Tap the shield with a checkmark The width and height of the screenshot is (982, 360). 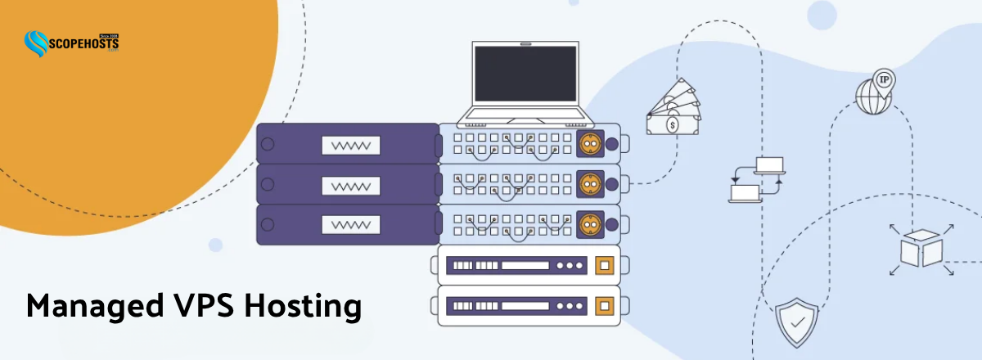click(795, 320)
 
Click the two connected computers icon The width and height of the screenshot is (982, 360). click(757, 178)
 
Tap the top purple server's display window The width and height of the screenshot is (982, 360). click(351, 145)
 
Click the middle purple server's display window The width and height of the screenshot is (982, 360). click(351, 185)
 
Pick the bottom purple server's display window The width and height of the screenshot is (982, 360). click(351, 225)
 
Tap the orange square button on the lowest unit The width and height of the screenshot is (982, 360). click(606, 306)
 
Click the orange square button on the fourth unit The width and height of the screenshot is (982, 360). click(606, 266)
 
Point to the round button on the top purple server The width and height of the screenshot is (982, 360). click(267, 145)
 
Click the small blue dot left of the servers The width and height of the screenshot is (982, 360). click(215, 245)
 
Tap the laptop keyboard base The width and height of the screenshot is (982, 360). click(520, 115)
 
